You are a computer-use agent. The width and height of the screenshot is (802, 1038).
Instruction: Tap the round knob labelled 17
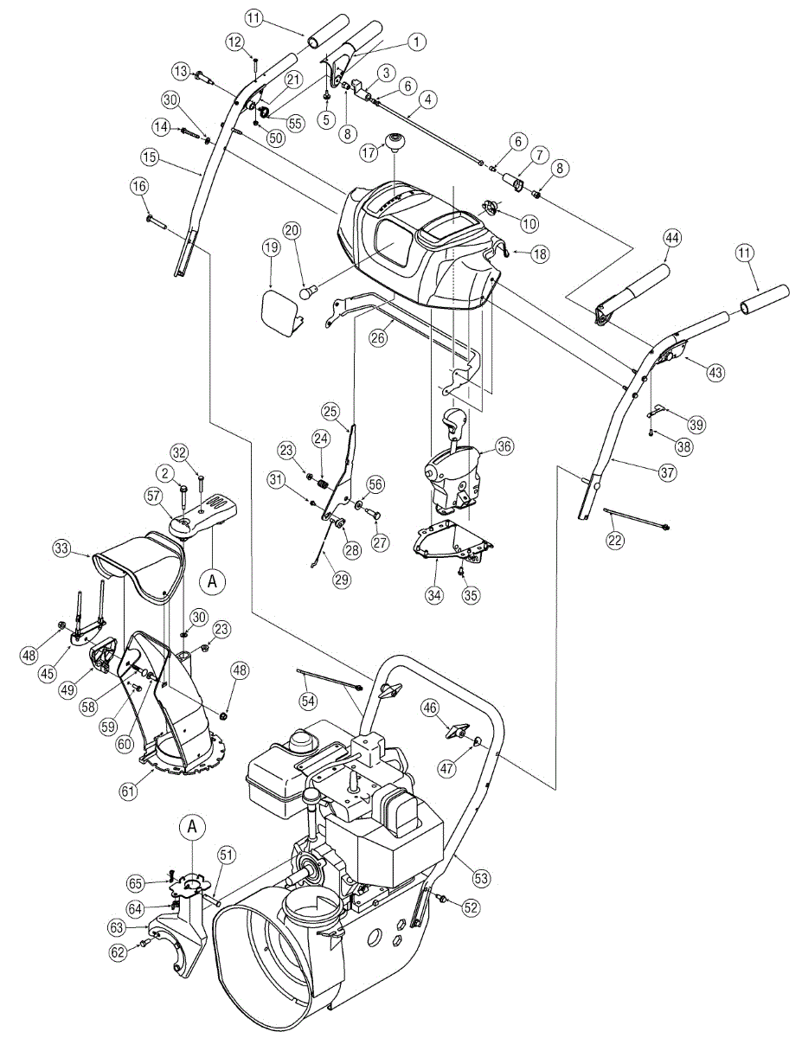(397, 140)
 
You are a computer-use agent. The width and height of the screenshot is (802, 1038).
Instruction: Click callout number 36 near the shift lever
(504, 446)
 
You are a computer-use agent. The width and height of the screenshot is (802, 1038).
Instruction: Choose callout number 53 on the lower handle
(482, 878)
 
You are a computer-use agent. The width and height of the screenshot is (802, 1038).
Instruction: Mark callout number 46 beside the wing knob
(429, 708)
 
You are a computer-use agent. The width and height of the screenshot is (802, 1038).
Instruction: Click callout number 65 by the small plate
(135, 883)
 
